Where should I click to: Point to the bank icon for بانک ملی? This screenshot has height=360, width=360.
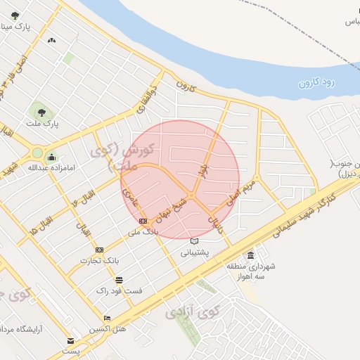pos(143,221)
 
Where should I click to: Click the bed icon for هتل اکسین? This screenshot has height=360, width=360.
pos(106,318)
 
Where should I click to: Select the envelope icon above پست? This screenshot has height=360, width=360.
pos(70,341)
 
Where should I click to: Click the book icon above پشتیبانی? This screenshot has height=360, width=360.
pos(194,241)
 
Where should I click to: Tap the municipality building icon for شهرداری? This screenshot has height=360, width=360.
pos(250,255)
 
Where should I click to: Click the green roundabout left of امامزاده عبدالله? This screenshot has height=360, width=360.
pos(37,153)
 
